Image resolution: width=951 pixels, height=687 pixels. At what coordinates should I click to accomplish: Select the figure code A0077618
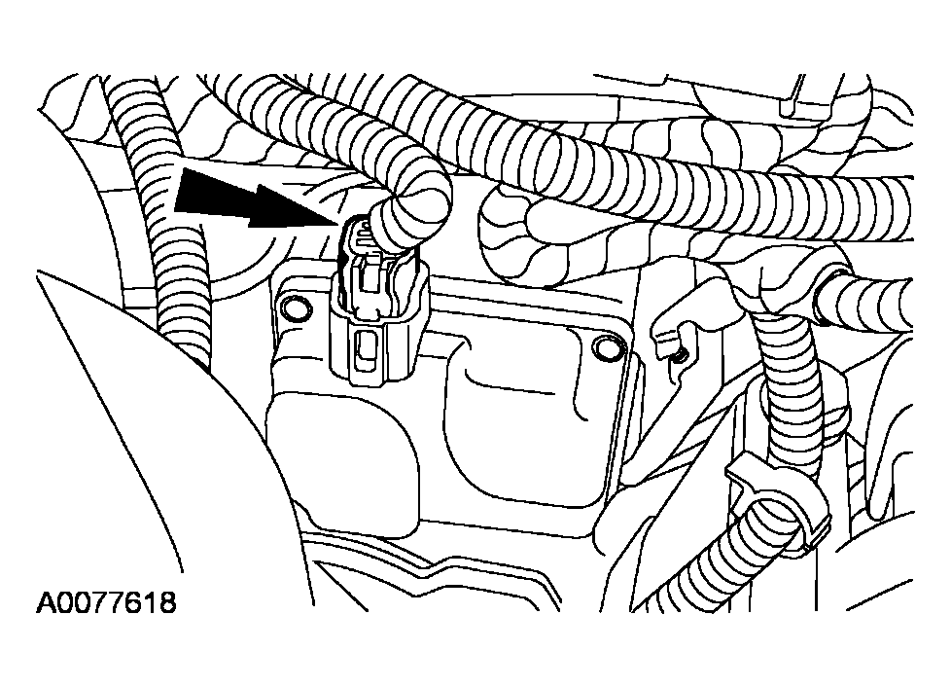pos(107,603)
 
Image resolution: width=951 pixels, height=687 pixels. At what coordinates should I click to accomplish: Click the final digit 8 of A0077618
pos(167,603)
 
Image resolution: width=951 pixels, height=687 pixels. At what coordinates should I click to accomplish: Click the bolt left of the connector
pos(290,308)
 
